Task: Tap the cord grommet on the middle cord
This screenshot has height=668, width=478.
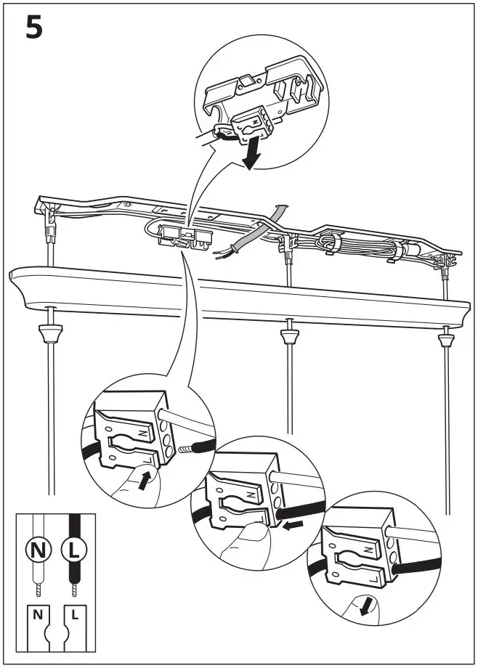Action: (288, 335)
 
